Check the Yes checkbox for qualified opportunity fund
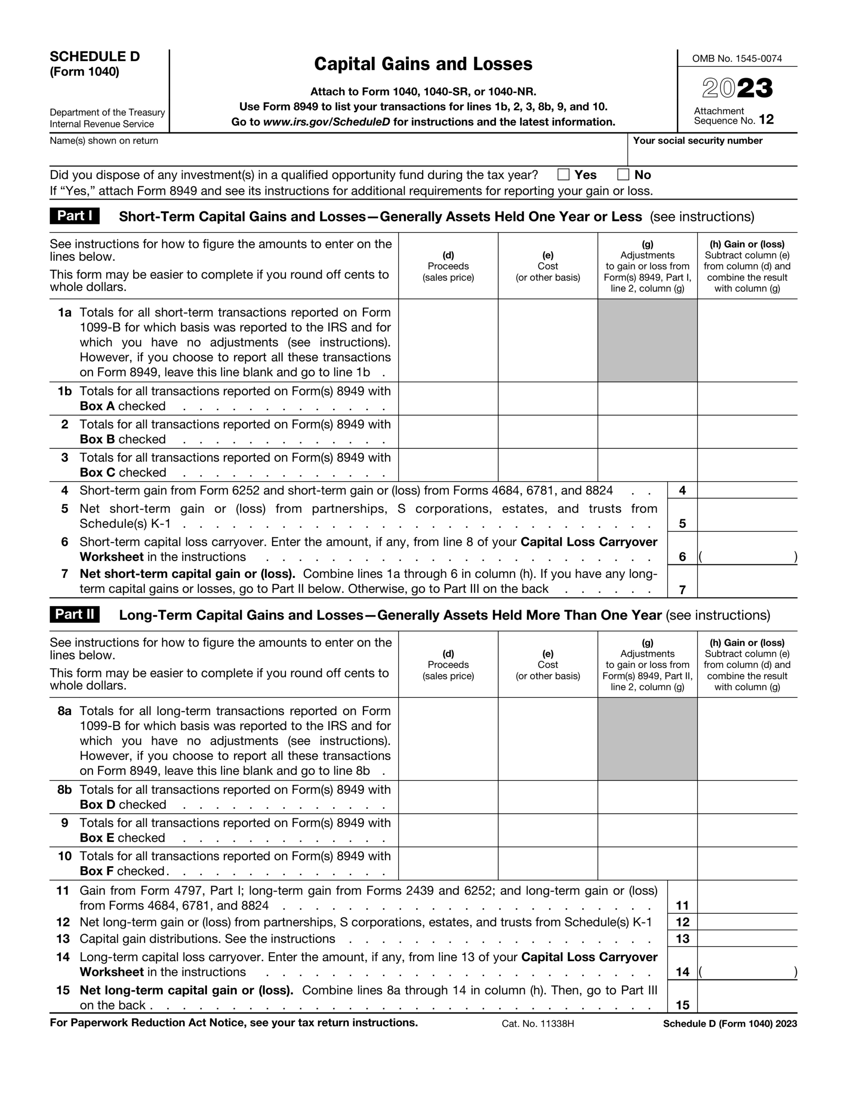click(x=564, y=175)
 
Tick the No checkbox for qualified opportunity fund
click(x=623, y=175)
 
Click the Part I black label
click(x=75, y=216)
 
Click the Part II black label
click(x=75, y=614)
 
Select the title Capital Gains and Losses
click(x=423, y=64)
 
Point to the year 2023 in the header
click(x=737, y=88)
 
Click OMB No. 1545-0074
click(x=737, y=59)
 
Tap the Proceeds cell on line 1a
click(x=448, y=340)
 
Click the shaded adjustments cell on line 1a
click(x=647, y=340)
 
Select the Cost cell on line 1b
click(x=547, y=399)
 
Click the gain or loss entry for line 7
click(x=747, y=582)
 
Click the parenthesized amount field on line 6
click(x=747, y=556)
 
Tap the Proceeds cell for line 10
click(x=448, y=863)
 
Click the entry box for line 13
click(x=747, y=938)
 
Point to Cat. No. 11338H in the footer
click(x=537, y=1024)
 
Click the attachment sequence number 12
click(x=766, y=119)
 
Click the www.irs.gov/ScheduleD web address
click(x=326, y=122)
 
